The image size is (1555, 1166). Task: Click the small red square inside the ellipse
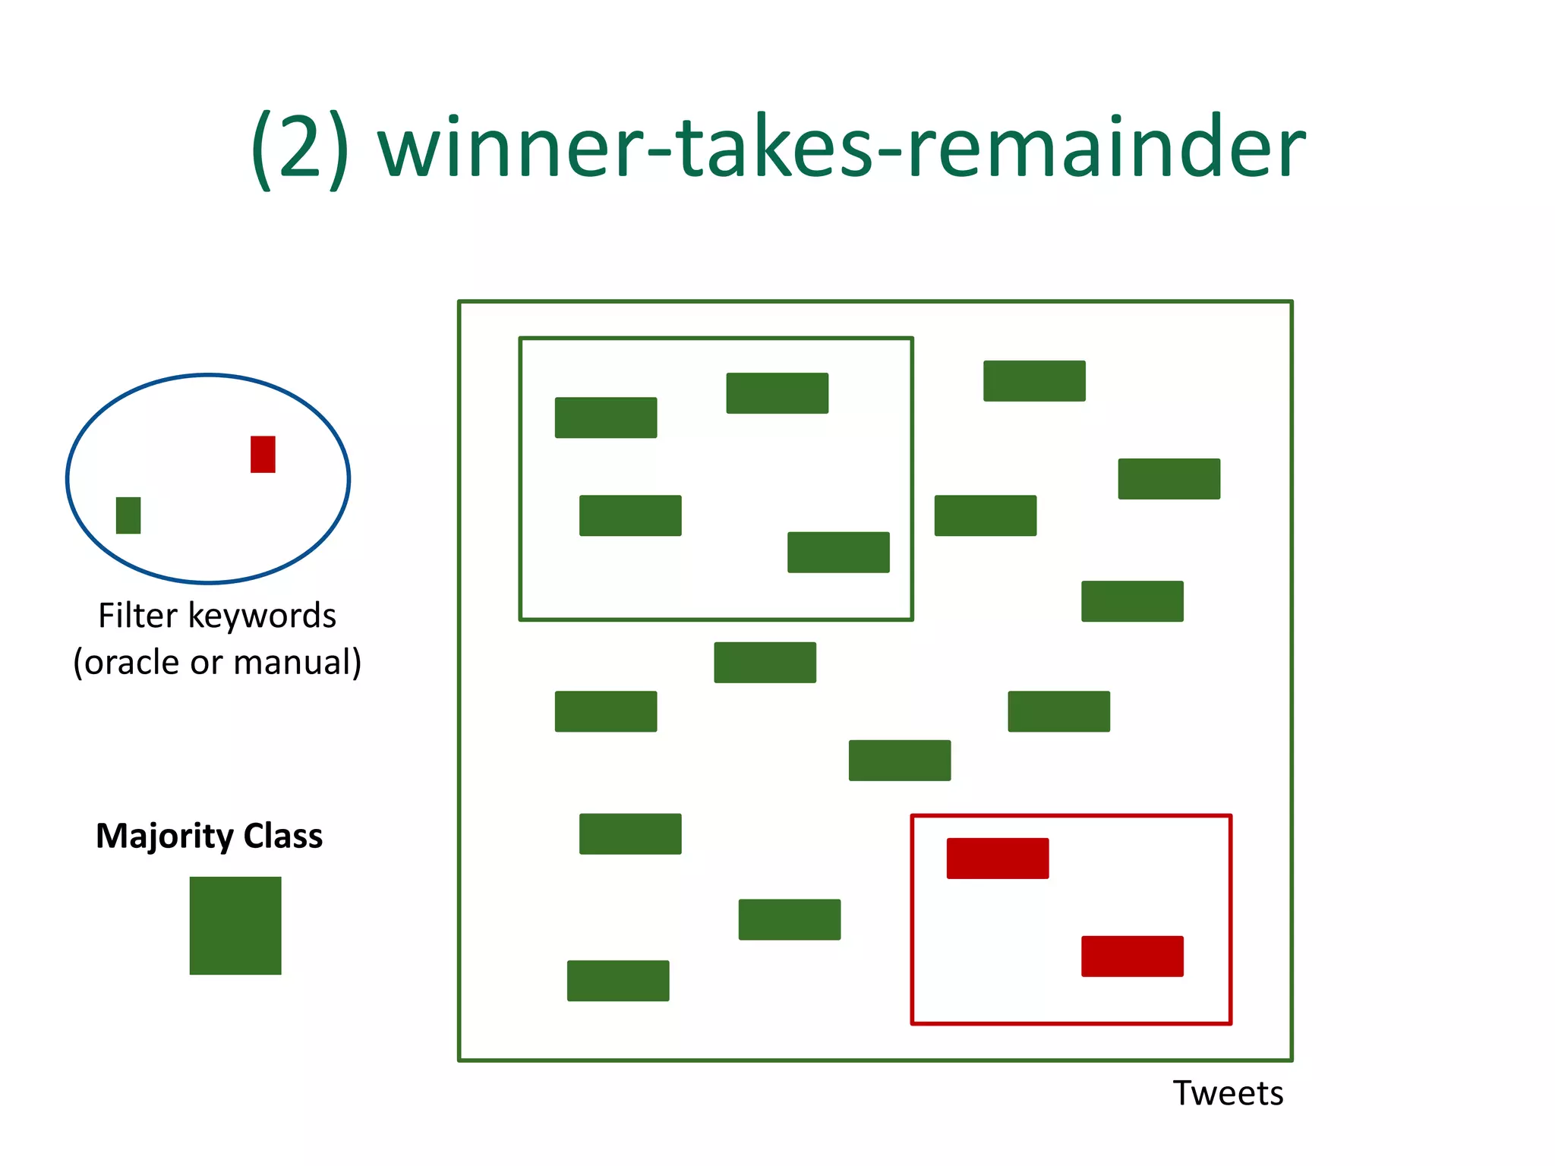coord(263,454)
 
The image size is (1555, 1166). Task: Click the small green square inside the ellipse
coord(128,515)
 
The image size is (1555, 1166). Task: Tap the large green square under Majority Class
coord(235,925)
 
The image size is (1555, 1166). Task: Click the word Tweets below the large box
coord(1228,1094)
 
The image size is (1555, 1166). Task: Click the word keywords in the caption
coord(262,616)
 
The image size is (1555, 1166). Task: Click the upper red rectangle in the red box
coord(998,859)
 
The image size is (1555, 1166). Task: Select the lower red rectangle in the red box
coord(1132,956)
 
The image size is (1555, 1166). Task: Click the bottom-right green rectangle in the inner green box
coord(838,552)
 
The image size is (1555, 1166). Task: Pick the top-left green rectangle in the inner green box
coord(606,418)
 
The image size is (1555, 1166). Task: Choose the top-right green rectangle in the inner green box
coord(777,393)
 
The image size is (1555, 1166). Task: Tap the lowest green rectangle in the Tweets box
coord(618,981)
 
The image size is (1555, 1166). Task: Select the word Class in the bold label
coord(283,836)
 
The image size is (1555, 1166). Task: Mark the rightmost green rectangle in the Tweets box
coord(1169,479)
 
